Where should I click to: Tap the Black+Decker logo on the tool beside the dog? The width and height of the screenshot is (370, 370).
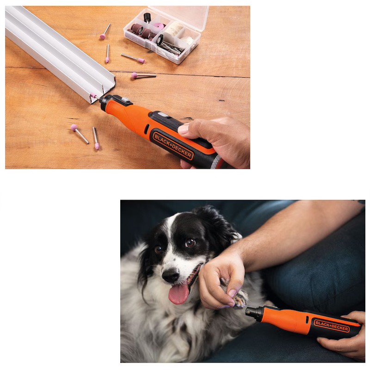pyautogui.click(x=332, y=326)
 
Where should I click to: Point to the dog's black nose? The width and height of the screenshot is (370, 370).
pyautogui.click(x=171, y=275)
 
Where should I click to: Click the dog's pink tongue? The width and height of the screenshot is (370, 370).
pyautogui.click(x=179, y=294)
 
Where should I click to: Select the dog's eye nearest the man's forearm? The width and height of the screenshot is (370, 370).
pyautogui.click(x=190, y=243)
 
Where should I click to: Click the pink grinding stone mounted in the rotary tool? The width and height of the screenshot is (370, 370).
pyautogui.click(x=93, y=96)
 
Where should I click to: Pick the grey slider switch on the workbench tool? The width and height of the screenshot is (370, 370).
pyautogui.click(x=125, y=100)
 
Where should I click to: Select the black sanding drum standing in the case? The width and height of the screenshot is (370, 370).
pyautogui.click(x=147, y=18)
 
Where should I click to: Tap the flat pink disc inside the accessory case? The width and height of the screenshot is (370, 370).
pyautogui.click(x=158, y=26)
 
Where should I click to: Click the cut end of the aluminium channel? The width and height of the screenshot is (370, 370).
pyautogui.click(x=103, y=91)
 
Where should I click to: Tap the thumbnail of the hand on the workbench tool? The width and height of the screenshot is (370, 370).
pyautogui.click(x=183, y=129)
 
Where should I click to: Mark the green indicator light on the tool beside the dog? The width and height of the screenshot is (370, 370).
pyautogui.click(x=350, y=319)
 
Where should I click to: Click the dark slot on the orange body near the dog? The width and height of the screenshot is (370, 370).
pyautogui.click(x=307, y=320)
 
